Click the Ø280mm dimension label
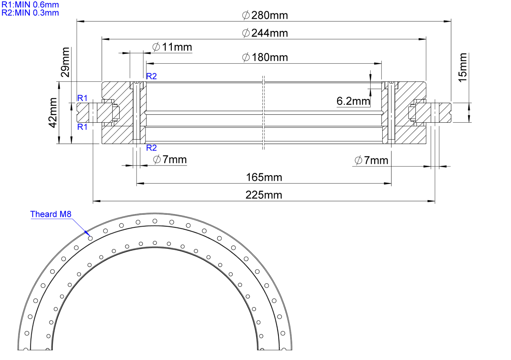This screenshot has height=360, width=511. click(265, 15)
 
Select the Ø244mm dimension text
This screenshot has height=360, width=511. click(265, 33)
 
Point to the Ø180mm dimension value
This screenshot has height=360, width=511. click(265, 57)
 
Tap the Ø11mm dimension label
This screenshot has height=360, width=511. click(172, 47)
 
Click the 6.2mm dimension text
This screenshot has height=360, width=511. click(353, 101)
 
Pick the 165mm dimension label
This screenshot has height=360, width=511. click(264, 177)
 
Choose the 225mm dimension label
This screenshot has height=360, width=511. click(264, 195)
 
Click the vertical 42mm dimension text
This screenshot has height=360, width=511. click(53, 113)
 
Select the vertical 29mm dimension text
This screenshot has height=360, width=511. click(65, 62)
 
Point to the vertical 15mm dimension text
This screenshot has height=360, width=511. click(463, 67)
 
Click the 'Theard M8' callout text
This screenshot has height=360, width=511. click(51, 214)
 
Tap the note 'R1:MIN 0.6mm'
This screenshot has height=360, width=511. click(30, 5)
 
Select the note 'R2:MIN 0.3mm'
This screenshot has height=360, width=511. click(30, 13)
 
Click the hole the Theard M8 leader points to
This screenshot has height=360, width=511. click(90, 238)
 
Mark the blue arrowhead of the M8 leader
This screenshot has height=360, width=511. click(87, 233)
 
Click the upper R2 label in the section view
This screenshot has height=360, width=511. click(151, 76)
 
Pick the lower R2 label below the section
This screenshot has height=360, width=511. click(151, 148)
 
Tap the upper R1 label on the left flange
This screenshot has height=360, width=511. click(82, 98)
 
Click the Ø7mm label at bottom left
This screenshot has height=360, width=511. click(170, 159)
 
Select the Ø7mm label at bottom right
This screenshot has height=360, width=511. click(371, 160)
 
